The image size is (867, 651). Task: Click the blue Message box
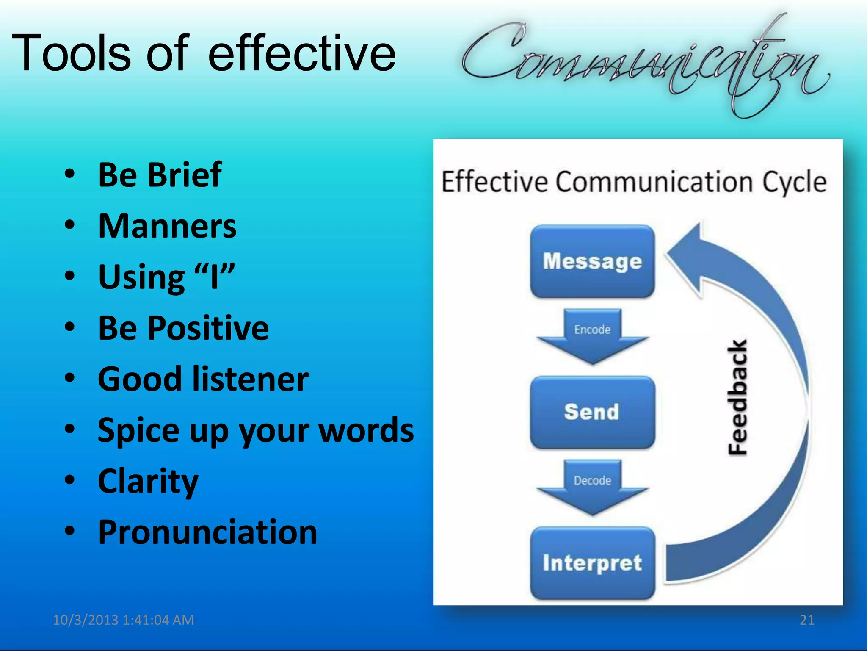[592, 261]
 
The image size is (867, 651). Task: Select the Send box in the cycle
[592, 412]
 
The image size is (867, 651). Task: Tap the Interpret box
[592, 563]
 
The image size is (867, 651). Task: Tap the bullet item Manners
[167, 226]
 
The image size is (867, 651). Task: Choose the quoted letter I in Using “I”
[215, 277]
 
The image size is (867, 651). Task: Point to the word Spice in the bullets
[139, 430]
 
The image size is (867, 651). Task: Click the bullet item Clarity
[148, 482]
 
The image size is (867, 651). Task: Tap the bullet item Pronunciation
[207, 532]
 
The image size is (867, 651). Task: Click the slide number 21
[807, 620]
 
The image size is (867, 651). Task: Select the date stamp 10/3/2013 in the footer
[86, 620]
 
